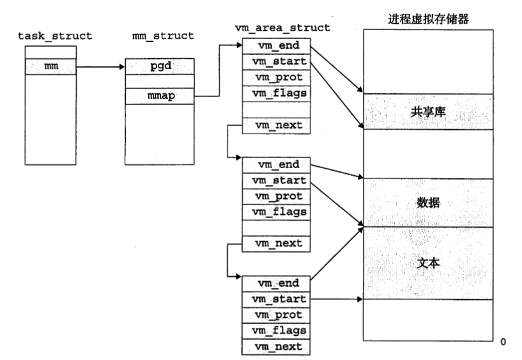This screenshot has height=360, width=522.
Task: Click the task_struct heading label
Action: click(x=54, y=35)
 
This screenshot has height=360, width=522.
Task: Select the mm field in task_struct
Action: click(x=50, y=66)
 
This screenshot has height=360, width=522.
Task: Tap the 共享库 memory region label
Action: click(x=428, y=111)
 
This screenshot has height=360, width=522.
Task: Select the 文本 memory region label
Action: click(x=428, y=262)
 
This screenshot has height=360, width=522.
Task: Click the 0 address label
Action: click(x=503, y=343)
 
